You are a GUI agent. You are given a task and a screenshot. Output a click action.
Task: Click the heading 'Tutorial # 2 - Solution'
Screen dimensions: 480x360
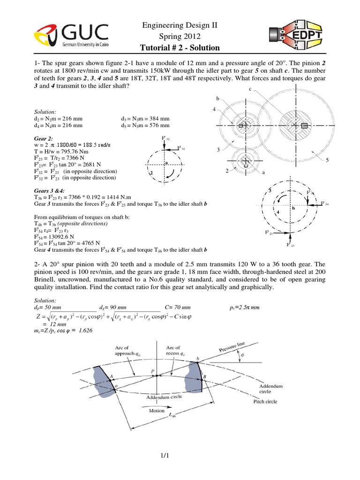click(180, 48)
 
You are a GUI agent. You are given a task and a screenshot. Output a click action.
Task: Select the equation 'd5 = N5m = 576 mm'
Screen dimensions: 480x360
click(148, 125)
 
